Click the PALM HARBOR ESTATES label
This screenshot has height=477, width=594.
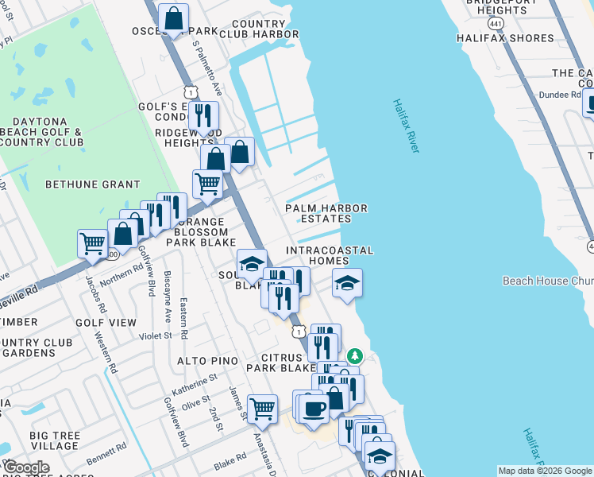pyautogui.click(x=326, y=214)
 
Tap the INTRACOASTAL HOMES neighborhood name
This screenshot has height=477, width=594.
pyautogui.click(x=329, y=255)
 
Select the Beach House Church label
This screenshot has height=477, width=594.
pyautogui.click(x=546, y=281)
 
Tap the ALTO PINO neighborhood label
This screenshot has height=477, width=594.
pyautogui.click(x=207, y=361)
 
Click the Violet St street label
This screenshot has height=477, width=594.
pyautogui.click(x=156, y=335)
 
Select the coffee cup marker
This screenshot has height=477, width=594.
pyautogui.click(x=314, y=409)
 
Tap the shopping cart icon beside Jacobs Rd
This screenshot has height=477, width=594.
pyautogui.click(x=92, y=242)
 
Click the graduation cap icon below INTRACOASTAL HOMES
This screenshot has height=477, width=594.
pyautogui.click(x=347, y=283)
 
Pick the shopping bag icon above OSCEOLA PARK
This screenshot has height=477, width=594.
pyautogui.click(x=173, y=17)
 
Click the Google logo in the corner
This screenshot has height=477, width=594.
pyautogui.click(x=25, y=467)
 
